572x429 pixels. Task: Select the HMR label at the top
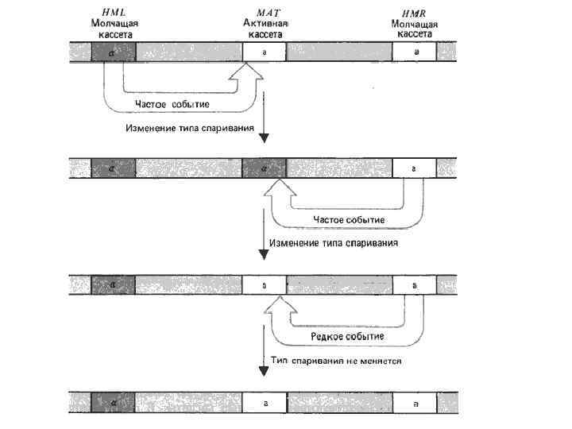(414, 14)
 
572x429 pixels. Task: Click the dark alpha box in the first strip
(113, 52)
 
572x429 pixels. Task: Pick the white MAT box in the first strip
(264, 52)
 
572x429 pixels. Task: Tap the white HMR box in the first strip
(414, 52)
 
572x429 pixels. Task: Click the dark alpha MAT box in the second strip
(264, 168)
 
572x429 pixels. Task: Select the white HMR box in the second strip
(414, 168)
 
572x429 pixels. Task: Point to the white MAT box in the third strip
(264, 284)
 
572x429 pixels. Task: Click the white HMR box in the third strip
(414, 284)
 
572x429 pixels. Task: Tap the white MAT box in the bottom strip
(264, 403)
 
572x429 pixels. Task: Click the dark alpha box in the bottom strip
(113, 403)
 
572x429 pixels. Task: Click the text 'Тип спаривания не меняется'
(337, 361)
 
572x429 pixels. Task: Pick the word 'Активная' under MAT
(265, 25)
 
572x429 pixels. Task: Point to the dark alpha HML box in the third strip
(113, 284)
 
